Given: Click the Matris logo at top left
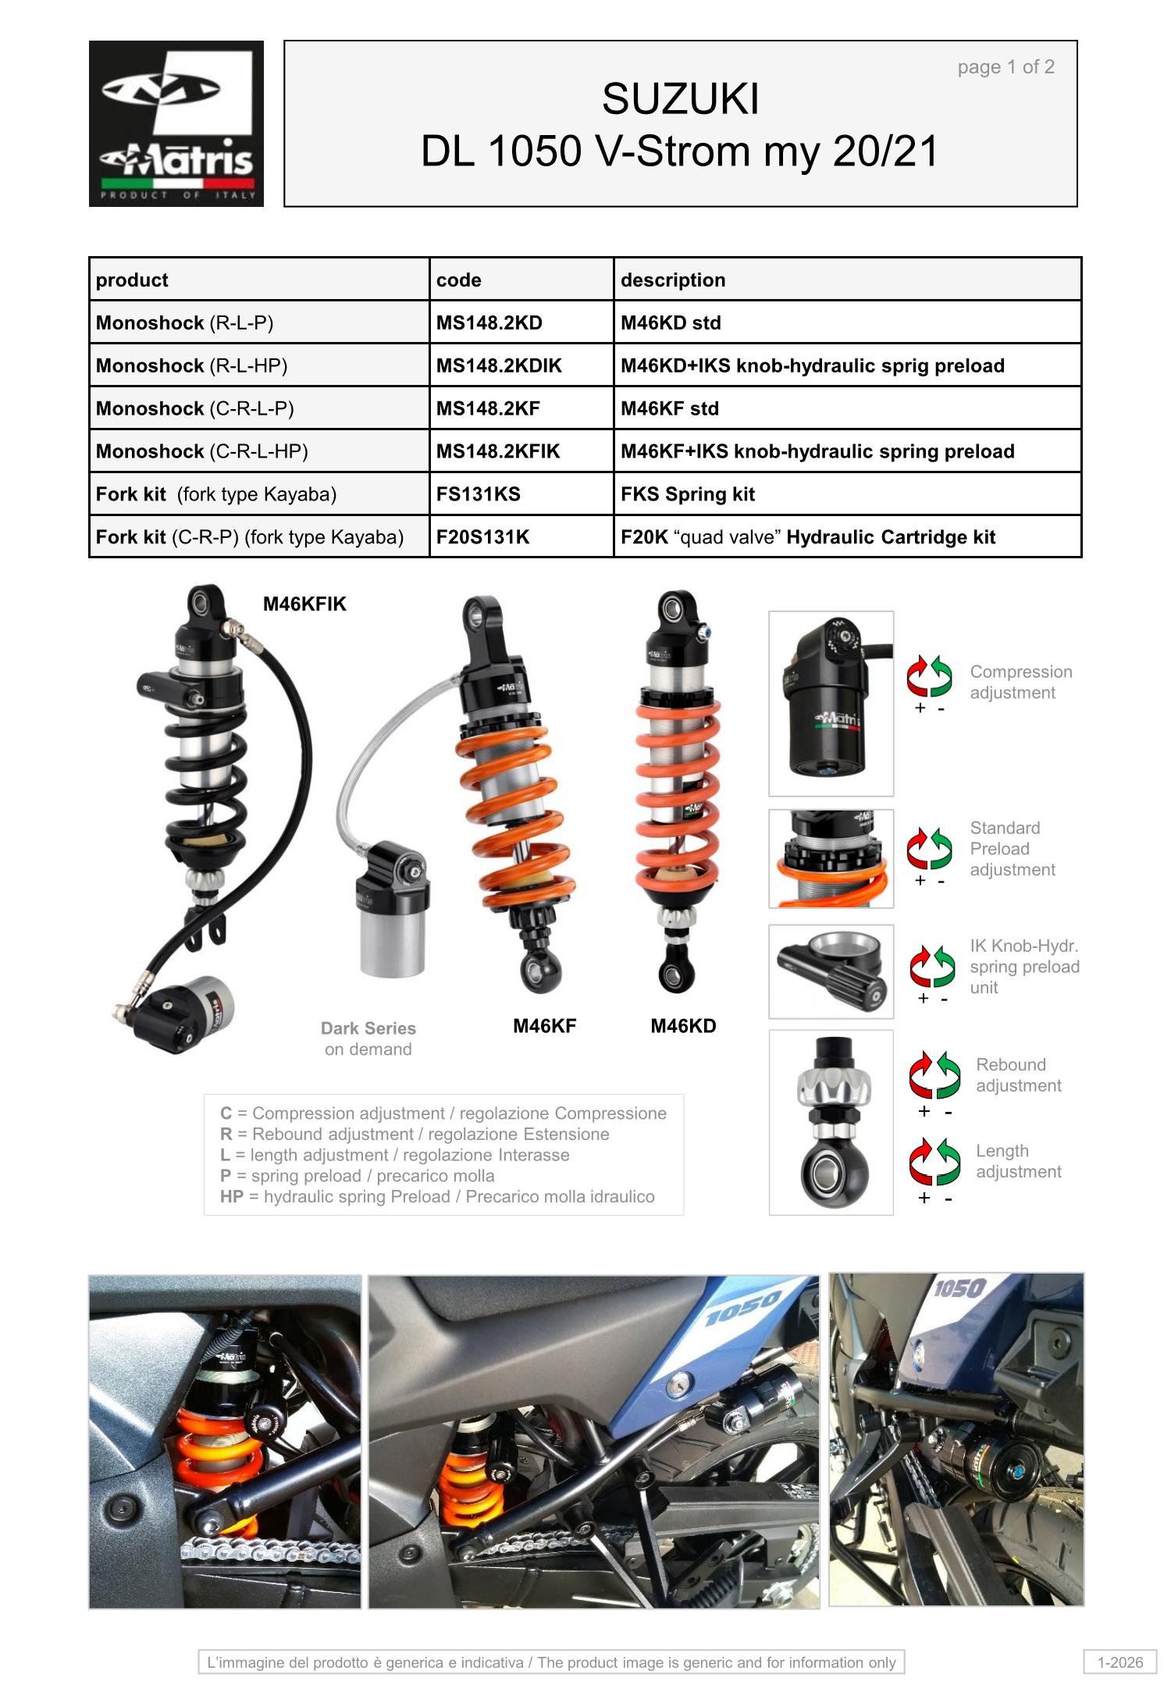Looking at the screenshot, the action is [x=176, y=123].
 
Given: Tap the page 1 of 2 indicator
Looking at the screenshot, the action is [x=1005, y=67].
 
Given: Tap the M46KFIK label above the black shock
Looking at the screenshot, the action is [x=304, y=604].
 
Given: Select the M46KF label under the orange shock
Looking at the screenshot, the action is [x=544, y=1026].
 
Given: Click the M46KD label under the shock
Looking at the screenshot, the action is [x=683, y=1026].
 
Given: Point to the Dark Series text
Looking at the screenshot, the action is [x=368, y=1028].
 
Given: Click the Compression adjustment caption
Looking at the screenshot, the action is [x=1020, y=682].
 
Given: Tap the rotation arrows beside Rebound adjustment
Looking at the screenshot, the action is [x=934, y=1075].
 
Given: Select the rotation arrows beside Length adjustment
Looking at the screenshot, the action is [x=934, y=1162].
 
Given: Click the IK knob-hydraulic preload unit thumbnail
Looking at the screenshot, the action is [x=831, y=972].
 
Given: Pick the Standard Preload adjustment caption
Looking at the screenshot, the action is [x=1013, y=849].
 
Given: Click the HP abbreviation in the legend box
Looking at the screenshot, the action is [x=232, y=1197].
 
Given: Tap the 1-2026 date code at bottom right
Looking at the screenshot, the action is [x=1120, y=1662].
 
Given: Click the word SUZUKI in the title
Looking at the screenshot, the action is [x=681, y=99].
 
